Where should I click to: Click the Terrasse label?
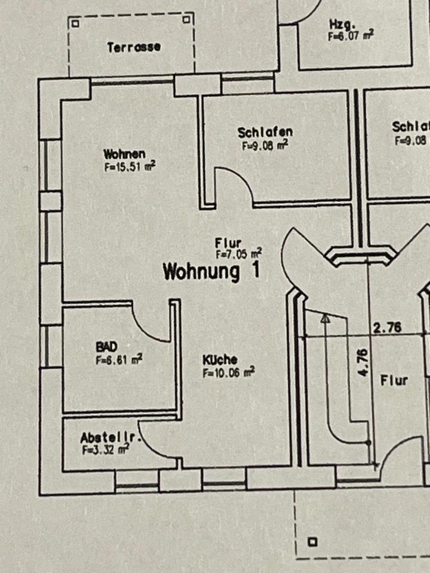point(134,47)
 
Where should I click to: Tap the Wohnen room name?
point(124,155)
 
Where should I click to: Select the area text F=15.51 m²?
point(130,167)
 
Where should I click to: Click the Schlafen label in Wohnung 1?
point(265,132)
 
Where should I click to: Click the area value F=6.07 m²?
point(351,36)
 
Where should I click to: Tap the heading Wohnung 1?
point(211,272)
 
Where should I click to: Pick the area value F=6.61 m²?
point(118,360)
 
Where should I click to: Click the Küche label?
point(219,360)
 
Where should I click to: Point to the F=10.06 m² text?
point(228,372)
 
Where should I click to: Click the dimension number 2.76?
point(387,327)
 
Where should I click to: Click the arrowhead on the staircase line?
point(325,320)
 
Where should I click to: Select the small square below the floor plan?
point(311,542)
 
